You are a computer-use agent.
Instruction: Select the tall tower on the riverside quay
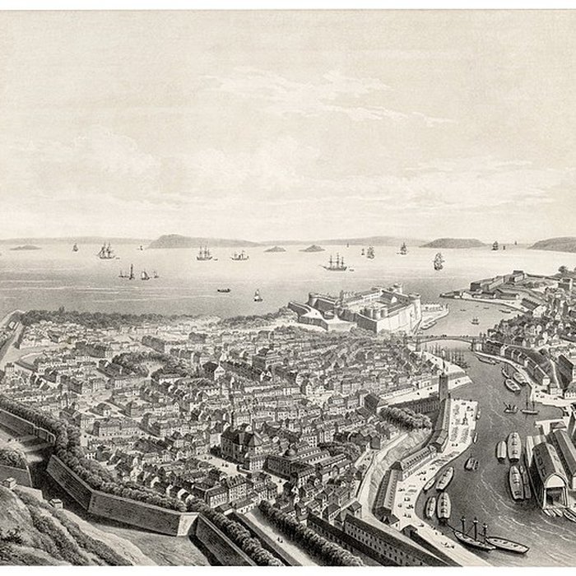click(x=444, y=387)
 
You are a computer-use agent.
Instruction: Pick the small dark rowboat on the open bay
click(x=224, y=290)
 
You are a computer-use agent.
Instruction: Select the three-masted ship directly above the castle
click(x=335, y=263)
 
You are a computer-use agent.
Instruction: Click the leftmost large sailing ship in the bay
click(x=106, y=251)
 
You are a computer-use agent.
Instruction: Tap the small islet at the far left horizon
click(x=25, y=247)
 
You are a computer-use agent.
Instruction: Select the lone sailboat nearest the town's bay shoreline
click(x=258, y=295)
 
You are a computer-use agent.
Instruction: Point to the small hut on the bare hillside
click(x=56, y=503)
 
